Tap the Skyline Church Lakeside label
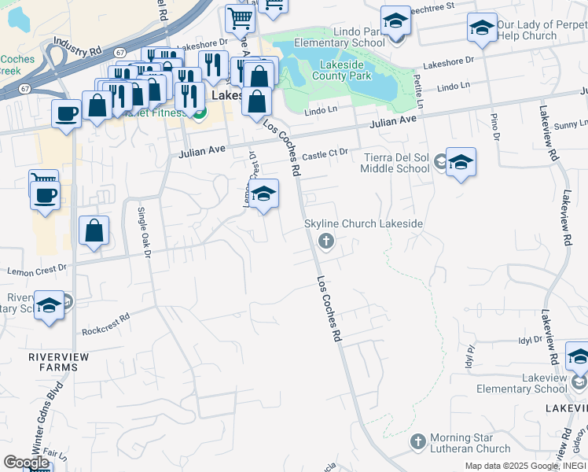(364, 224)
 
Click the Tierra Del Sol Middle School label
(396, 162)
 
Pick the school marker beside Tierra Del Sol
(461, 163)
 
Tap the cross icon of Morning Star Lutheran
(417, 441)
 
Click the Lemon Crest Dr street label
(37, 269)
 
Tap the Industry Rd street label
(85, 50)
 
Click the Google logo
(26, 463)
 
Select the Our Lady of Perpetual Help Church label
(542, 30)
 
